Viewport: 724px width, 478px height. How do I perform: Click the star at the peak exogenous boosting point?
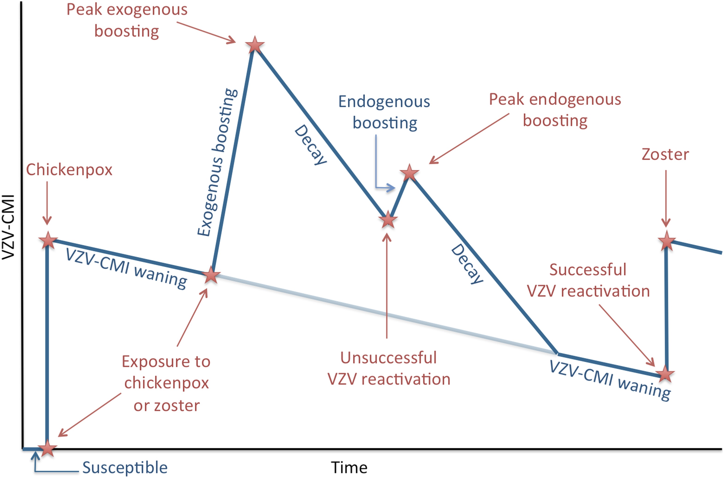click(x=255, y=45)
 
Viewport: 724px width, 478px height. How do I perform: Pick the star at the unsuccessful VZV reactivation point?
click(x=388, y=219)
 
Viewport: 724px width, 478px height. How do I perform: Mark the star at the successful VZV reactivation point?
click(x=665, y=374)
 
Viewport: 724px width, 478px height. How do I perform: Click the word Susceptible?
click(x=125, y=468)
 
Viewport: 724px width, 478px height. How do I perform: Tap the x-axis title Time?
click(x=349, y=468)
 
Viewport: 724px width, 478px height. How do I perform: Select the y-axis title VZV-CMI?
click(x=8, y=227)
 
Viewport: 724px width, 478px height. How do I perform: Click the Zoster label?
click(x=665, y=155)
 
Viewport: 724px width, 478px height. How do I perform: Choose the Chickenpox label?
click(x=69, y=170)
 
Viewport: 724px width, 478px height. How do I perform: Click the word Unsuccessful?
click(x=388, y=358)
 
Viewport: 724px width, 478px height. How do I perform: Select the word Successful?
click(x=588, y=270)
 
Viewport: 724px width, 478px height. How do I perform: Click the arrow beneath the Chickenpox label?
click(x=47, y=203)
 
